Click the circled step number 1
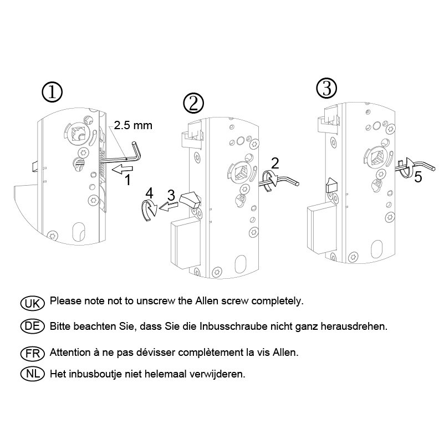[53, 93]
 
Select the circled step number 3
[326, 88]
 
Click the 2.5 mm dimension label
[133, 126]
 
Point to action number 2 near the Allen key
[275, 162]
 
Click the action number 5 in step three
[417, 177]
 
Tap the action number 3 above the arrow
[171, 195]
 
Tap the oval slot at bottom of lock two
[242, 264]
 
